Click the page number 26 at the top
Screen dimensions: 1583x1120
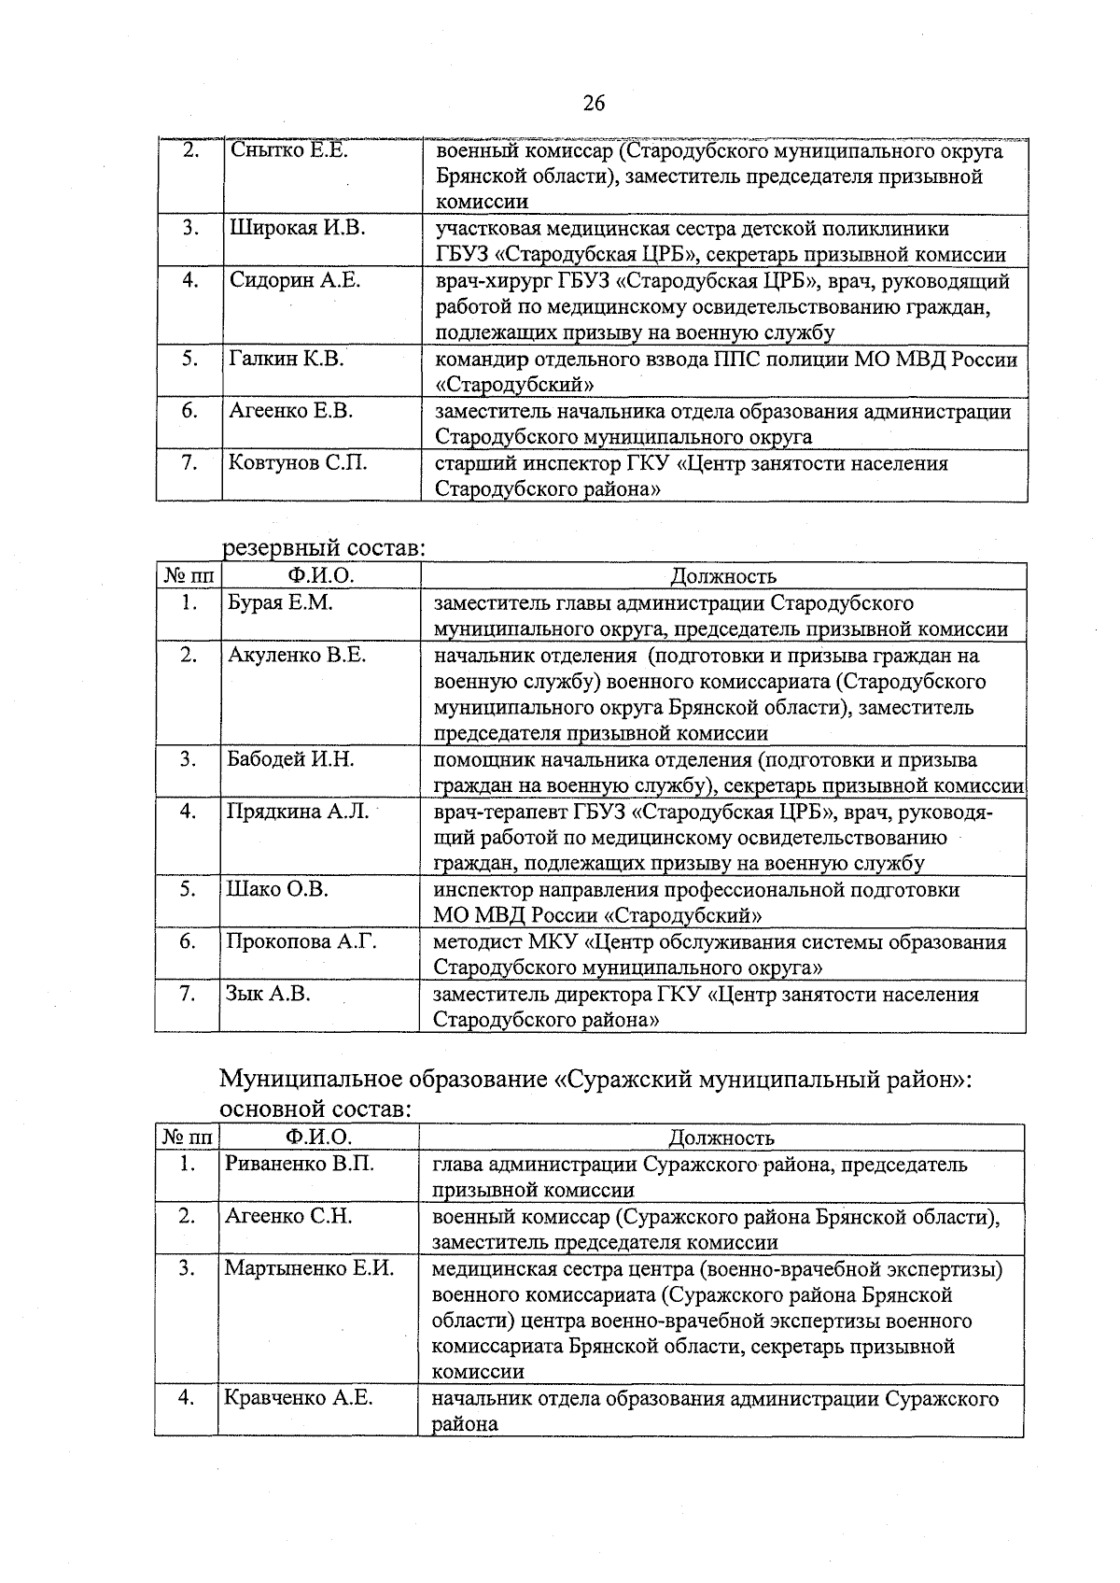coord(595,104)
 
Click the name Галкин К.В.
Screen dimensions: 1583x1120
coord(287,359)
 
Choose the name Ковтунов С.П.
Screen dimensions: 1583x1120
coord(299,463)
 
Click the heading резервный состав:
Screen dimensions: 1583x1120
coord(323,548)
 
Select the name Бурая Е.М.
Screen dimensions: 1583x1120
coord(281,602)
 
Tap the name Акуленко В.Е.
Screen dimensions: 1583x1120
coord(297,655)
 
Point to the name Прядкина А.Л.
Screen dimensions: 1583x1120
coord(299,812)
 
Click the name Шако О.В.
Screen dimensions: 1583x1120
coord(278,889)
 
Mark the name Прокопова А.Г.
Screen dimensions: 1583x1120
coord(302,941)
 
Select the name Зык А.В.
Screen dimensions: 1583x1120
coord(269,994)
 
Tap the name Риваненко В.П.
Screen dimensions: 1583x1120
coord(300,1164)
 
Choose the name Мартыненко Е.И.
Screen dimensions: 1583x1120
coord(309,1268)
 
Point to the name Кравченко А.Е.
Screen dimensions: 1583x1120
coord(299,1398)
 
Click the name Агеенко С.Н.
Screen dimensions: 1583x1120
coord(288,1216)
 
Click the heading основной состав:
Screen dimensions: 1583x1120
coord(315,1110)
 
